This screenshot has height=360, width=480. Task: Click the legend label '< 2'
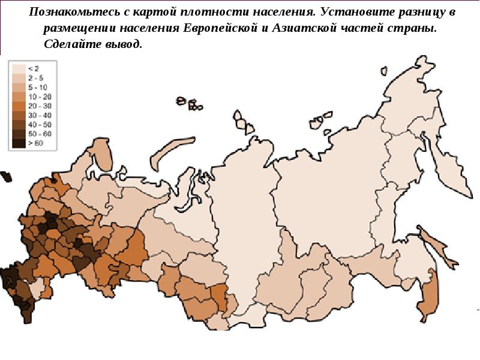(x=34, y=68)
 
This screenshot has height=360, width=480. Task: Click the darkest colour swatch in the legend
(x=19, y=143)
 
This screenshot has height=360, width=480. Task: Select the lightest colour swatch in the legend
(x=19, y=68)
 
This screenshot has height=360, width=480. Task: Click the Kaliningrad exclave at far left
(x=5, y=176)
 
